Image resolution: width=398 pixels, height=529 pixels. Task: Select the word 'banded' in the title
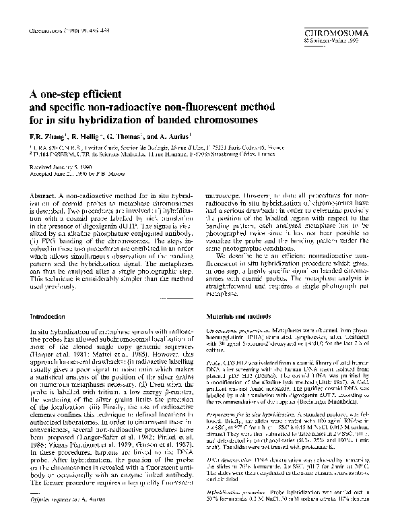pos(167,120)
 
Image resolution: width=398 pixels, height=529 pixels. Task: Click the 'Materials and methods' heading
pos(239,315)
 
